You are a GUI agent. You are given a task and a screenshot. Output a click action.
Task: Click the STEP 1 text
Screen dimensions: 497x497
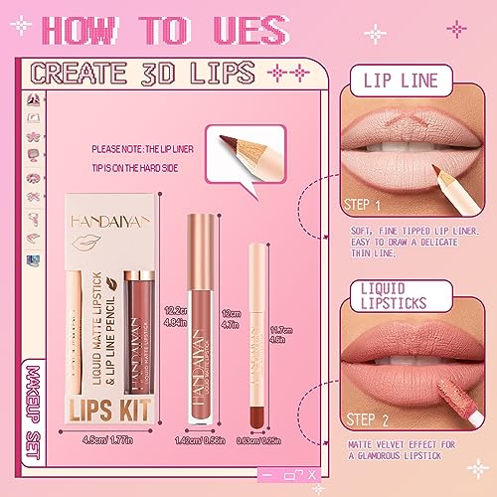(367, 207)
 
